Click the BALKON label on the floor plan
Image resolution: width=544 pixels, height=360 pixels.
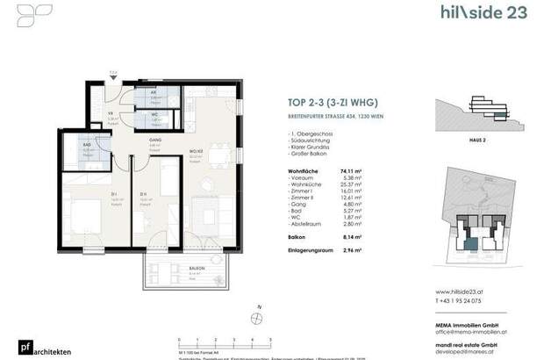click(x=197, y=269)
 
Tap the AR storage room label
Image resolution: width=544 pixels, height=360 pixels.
click(x=153, y=91)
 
